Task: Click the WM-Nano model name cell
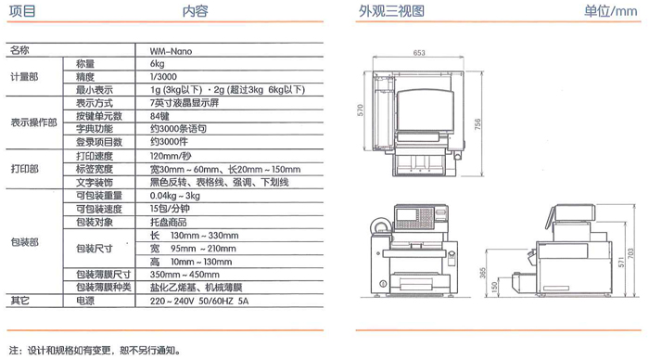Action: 171,51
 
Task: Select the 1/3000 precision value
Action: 163,77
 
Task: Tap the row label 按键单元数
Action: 99,116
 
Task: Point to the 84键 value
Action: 159,116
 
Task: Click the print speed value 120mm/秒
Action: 171,156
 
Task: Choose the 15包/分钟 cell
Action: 170,209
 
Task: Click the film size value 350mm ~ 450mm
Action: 185,275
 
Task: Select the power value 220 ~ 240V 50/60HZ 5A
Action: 199,301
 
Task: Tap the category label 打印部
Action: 24,169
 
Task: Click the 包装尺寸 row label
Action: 95,249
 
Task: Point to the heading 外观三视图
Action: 391,11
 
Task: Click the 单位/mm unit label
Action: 610,11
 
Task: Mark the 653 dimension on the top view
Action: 419,53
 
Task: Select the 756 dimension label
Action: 477,124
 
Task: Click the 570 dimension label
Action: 360,109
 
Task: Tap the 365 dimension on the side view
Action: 483,273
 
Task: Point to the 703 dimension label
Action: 630,253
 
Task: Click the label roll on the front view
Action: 381,226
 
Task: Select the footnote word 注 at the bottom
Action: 14,351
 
